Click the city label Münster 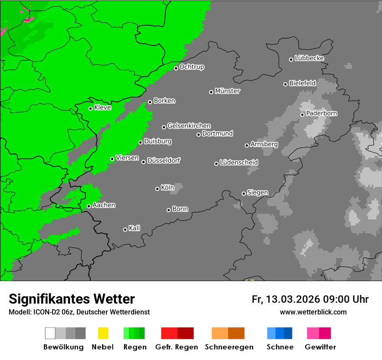pyautogui.click(x=227, y=91)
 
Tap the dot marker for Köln pyautogui.click(x=157, y=189)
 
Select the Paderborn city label pyautogui.click(x=322, y=113)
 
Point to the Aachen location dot pyautogui.click(x=89, y=206)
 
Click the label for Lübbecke pyautogui.click(x=309, y=58)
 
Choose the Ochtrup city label pyautogui.click(x=192, y=67)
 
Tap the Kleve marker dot pyautogui.click(x=90, y=108)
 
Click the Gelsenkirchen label pyautogui.click(x=189, y=126)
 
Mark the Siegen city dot pyautogui.click(x=244, y=193)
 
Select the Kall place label pyautogui.click(x=135, y=228)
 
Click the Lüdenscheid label pyautogui.click(x=239, y=163)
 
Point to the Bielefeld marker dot pyautogui.click(x=285, y=84)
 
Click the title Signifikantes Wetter pyautogui.click(x=72, y=299)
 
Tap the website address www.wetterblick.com pyautogui.click(x=313, y=312)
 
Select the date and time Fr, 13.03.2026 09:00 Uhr pyautogui.click(x=310, y=299)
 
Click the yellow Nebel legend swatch pyautogui.click(x=103, y=333)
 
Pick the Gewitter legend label pyautogui.click(x=320, y=347)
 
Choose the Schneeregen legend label pyautogui.click(x=228, y=347)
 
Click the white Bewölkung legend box pyautogui.click(x=50, y=333)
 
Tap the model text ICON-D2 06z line pyautogui.click(x=79, y=312)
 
